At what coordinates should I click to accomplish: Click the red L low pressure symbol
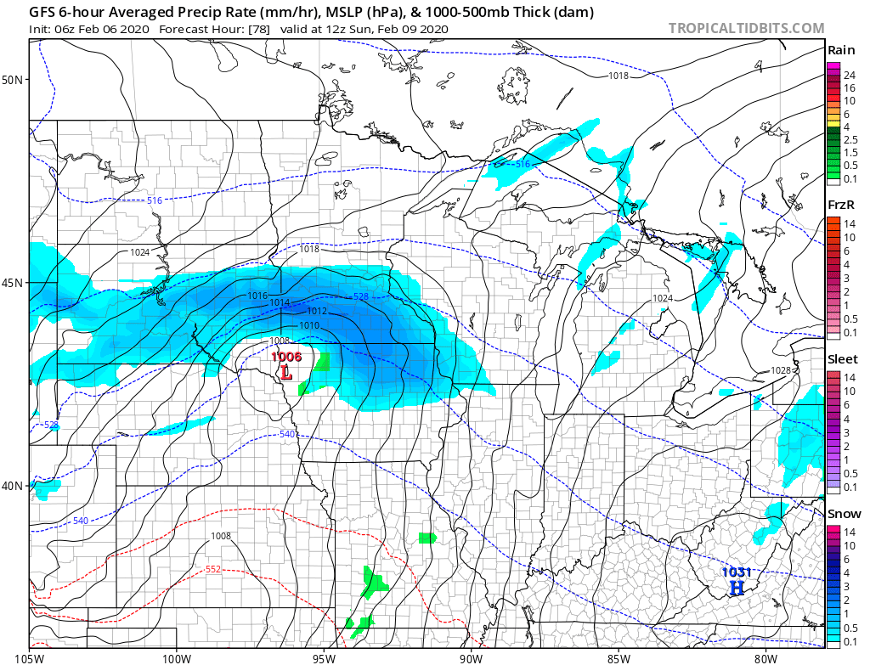pos(286,372)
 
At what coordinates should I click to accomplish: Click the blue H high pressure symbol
pos(737,587)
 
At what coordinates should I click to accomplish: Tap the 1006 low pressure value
pos(286,357)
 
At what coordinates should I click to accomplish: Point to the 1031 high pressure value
pos(736,572)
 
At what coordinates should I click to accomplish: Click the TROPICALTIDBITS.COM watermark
pos(746,28)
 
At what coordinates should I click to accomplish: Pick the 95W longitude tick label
pos(324,657)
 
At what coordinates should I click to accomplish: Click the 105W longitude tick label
pos(30,657)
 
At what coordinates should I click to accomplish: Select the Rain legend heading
pos(842,50)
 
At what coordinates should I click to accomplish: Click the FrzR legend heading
pos(841,205)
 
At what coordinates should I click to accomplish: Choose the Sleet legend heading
pos(842,359)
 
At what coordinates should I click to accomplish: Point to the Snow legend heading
pos(844,514)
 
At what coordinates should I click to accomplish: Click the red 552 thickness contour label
pos(214,570)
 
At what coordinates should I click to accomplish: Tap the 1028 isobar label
pos(781,370)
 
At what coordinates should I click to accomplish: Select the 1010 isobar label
pos(309,326)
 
